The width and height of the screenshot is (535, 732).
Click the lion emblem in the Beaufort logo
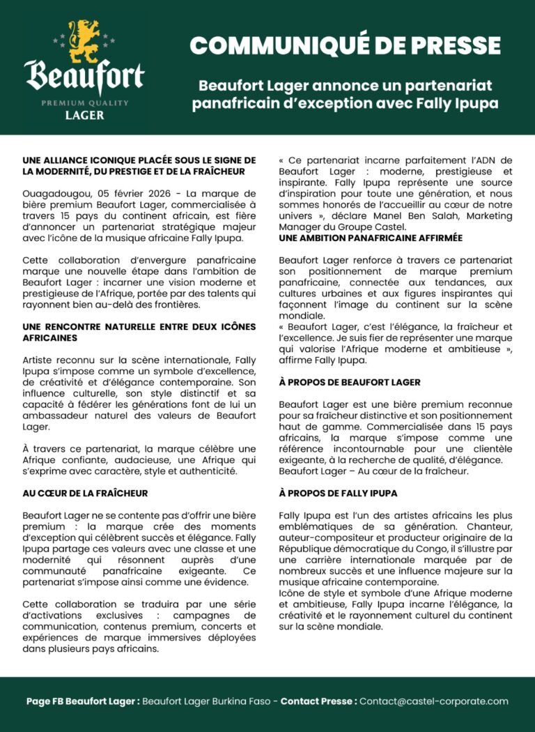tap(84, 40)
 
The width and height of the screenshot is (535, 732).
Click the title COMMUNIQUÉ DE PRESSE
tap(345, 46)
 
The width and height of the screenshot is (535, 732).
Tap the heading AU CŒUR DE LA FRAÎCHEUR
tap(85, 494)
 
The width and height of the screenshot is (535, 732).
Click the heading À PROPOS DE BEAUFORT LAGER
tap(350, 383)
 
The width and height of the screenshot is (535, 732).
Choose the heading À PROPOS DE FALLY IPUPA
tap(339, 493)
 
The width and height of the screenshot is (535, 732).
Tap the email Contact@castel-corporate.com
tap(434, 701)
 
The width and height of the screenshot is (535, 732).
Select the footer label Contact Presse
tap(318, 701)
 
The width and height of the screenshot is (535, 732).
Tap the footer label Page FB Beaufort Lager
tap(82, 701)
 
